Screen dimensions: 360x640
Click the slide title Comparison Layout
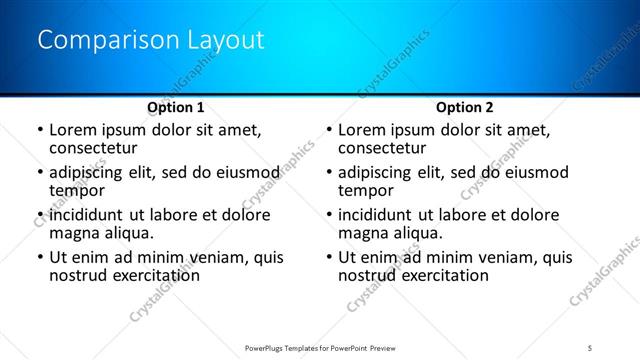pyautogui.click(x=151, y=41)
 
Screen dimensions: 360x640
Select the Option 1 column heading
pyautogui.click(x=176, y=107)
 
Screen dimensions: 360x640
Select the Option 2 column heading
pyautogui.click(x=465, y=107)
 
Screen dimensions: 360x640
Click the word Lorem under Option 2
pyautogui.click(x=362, y=130)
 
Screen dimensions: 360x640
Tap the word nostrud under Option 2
pyautogui.click(x=367, y=275)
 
